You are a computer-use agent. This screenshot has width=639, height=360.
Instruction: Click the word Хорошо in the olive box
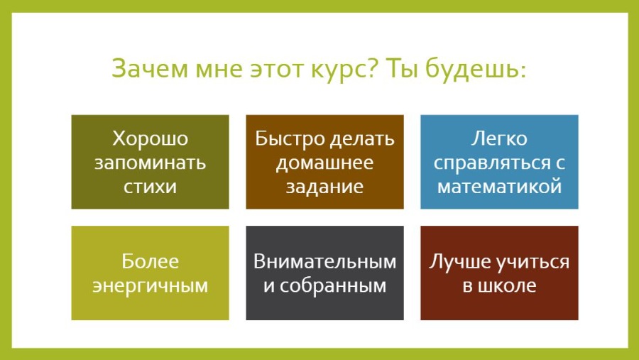click(x=150, y=138)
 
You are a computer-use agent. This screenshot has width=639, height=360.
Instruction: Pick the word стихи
click(x=150, y=186)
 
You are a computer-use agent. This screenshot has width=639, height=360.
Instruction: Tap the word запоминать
click(x=150, y=162)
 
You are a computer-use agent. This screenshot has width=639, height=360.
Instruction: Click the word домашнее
click(x=324, y=162)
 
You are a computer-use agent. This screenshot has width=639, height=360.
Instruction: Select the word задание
click(x=324, y=186)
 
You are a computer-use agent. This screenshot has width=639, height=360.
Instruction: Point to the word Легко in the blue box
click(x=499, y=138)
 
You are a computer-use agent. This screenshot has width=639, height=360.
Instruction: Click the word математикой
click(x=499, y=186)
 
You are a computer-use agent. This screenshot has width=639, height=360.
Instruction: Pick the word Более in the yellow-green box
click(x=150, y=261)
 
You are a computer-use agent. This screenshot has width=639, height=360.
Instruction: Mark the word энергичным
click(x=150, y=286)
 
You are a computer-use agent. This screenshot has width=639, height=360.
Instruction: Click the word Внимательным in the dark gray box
click(x=324, y=261)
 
